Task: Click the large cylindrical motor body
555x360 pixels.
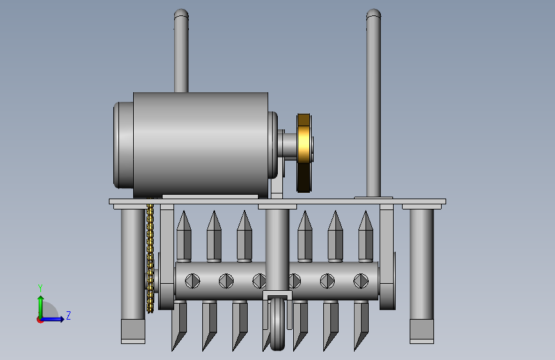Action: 200,145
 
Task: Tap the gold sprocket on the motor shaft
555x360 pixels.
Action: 304,153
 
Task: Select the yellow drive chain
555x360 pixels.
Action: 150,259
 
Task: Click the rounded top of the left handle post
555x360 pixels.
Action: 181,14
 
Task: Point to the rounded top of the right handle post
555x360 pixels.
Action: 373,14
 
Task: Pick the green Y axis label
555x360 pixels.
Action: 40,288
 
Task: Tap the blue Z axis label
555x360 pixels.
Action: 68,315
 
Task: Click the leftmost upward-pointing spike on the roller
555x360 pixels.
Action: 184,236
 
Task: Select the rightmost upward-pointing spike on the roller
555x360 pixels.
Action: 366,236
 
